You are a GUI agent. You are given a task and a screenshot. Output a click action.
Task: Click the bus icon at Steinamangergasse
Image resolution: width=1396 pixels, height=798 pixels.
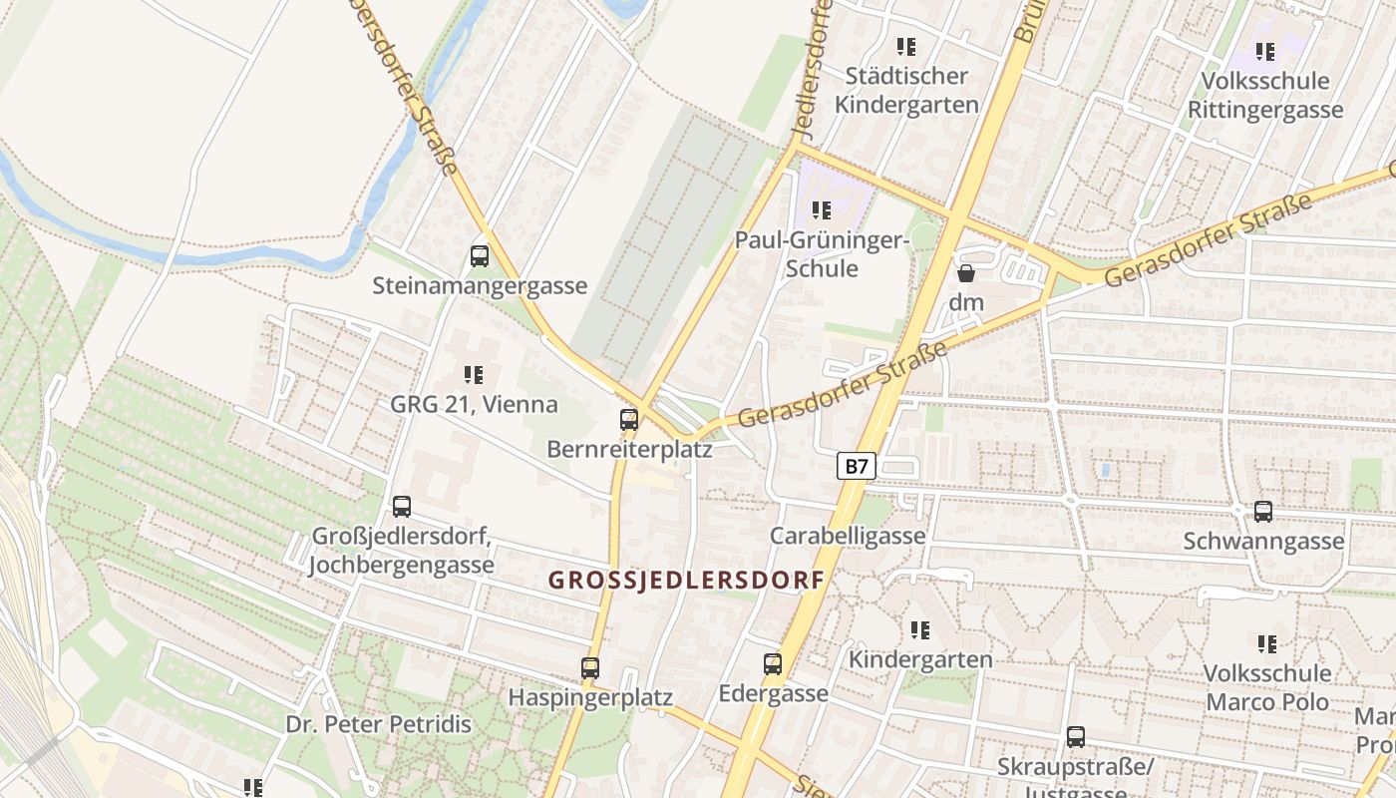(x=480, y=256)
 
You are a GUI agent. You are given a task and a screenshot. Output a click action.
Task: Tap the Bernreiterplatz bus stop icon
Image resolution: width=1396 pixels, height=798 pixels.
(x=629, y=420)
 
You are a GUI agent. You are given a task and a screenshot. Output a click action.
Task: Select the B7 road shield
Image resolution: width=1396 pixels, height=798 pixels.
(x=855, y=466)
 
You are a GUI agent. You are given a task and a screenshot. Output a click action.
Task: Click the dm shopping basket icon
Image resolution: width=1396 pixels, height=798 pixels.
(x=966, y=272)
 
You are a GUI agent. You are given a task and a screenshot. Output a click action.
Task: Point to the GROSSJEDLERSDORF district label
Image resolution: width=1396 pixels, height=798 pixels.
(x=687, y=580)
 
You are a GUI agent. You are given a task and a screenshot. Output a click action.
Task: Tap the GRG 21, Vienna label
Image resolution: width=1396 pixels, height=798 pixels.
(x=474, y=405)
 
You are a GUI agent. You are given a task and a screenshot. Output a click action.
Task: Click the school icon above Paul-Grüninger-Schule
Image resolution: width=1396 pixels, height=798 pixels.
(x=822, y=210)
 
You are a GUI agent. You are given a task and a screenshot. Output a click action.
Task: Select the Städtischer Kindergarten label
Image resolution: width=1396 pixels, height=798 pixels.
(x=906, y=90)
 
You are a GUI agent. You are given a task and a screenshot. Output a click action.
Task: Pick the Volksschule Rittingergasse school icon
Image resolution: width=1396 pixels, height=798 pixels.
(x=1265, y=52)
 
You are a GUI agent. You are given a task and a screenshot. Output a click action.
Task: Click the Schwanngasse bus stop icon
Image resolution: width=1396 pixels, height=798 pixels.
(x=1263, y=512)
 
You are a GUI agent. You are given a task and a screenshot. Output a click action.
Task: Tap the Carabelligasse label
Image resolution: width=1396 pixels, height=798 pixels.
(x=848, y=536)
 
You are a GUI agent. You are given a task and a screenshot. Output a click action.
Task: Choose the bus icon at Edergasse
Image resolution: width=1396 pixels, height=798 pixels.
(x=773, y=664)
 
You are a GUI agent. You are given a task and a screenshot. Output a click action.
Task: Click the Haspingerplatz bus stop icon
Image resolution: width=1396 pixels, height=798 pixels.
(x=590, y=668)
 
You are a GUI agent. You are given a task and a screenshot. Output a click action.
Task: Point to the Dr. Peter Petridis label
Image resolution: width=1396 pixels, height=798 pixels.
(x=378, y=724)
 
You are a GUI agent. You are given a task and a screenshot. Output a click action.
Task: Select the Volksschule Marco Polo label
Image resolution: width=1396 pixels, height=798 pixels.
(x=1266, y=687)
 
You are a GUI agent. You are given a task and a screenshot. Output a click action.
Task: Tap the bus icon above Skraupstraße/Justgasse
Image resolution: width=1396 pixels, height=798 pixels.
(x=1075, y=737)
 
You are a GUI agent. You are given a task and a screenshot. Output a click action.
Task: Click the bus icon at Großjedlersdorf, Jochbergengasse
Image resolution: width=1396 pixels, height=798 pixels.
(x=402, y=507)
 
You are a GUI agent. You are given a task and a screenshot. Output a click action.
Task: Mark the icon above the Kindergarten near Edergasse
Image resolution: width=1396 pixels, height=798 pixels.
(x=919, y=630)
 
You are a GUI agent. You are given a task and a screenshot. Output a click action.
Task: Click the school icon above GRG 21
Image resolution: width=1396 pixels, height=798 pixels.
(x=474, y=375)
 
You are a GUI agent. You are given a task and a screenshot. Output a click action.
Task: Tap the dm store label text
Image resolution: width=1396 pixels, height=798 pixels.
(x=967, y=302)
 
